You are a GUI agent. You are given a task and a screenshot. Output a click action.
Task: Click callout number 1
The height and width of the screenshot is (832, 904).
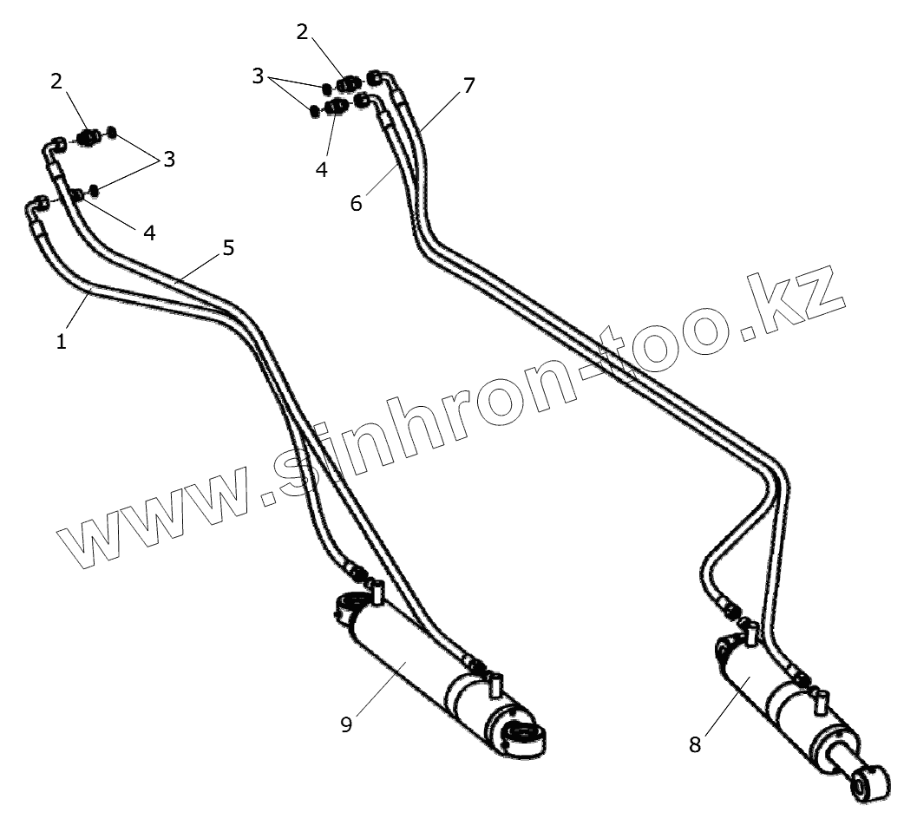click(x=62, y=342)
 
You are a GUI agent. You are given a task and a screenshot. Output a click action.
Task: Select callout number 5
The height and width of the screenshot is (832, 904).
click(x=228, y=248)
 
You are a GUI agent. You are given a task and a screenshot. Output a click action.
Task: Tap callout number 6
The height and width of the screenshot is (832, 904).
click(x=356, y=203)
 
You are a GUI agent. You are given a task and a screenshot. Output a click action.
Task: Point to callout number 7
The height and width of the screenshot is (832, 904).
click(x=468, y=86)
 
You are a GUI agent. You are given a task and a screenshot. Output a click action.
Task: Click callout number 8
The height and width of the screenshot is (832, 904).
click(x=695, y=744)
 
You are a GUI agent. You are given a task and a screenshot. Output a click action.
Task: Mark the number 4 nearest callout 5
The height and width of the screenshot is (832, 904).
click(x=149, y=233)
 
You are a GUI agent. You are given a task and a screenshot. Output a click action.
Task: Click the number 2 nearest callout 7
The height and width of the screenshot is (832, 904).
click(x=302, y=33)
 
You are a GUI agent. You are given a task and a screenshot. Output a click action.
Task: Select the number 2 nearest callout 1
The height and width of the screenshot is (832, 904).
click(x=56, y=82)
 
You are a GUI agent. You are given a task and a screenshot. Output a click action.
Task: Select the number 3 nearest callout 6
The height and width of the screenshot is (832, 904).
click(x=258, y=76)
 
